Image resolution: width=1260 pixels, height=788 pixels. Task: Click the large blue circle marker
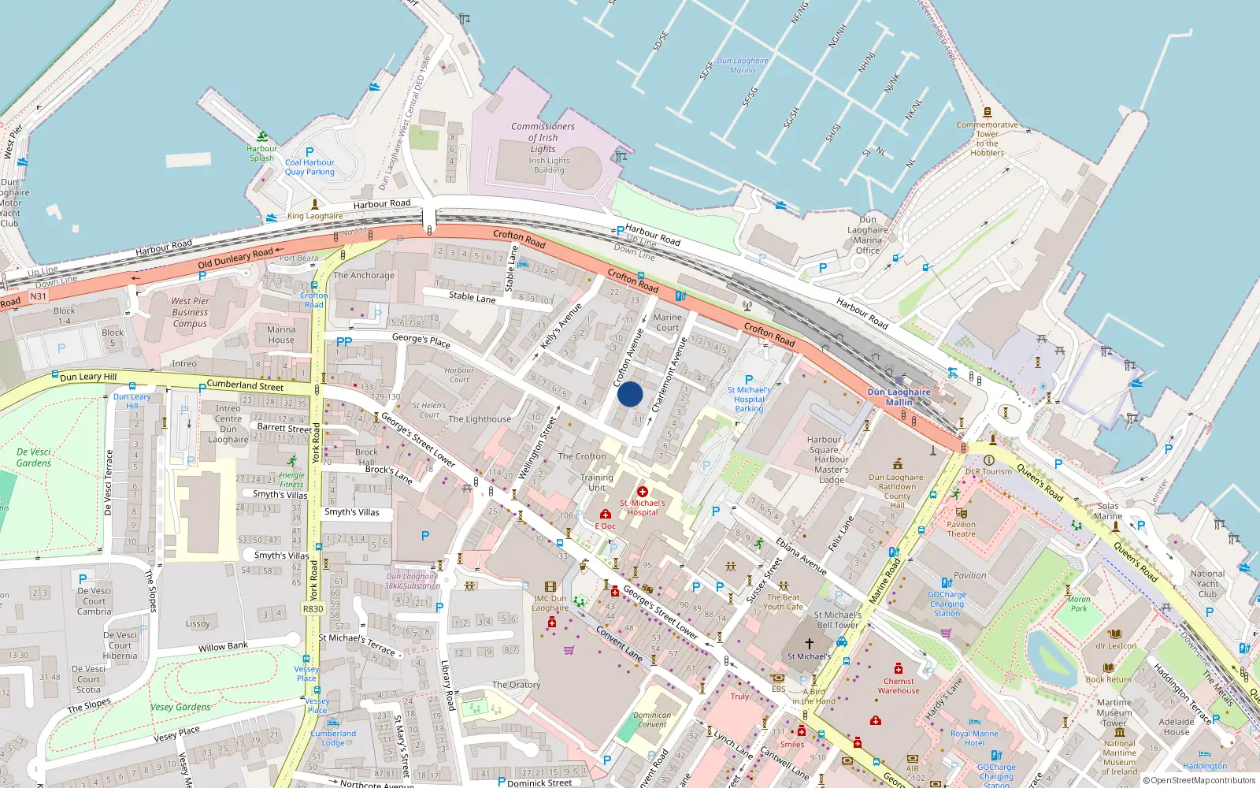point(630,394)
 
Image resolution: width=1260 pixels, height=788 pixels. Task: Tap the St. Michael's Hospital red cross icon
point(643,492)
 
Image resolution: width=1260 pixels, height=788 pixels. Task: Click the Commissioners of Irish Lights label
point(543,137)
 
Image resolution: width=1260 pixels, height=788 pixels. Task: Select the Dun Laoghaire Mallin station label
point(899,396)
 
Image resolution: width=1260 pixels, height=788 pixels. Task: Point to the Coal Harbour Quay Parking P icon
point(309,152)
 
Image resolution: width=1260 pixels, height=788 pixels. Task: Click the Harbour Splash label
point(261,153)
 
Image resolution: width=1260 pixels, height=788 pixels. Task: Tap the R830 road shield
point(313,608)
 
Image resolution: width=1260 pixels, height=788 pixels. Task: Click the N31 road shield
point(39,296)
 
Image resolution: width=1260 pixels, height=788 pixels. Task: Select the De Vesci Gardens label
point(34,458)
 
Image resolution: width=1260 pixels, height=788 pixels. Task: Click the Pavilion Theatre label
point(961,529)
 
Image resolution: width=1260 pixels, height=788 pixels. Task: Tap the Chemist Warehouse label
point(899,686)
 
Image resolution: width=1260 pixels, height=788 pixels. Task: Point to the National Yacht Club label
point(1207,584)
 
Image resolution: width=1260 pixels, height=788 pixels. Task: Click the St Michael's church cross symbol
point(809,644)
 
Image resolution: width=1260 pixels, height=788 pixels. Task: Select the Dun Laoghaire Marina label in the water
point(743,65)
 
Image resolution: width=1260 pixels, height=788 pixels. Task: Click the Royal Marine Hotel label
point(974,738)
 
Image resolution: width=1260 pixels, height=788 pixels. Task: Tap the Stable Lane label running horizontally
point(472,297)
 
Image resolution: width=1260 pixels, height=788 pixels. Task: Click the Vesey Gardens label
point(180,707)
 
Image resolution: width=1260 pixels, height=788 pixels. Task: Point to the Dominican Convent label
point(652,719)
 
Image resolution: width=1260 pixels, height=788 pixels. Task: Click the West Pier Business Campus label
point(190,312)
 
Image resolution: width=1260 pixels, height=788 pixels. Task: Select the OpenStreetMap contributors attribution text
point(1199,781)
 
